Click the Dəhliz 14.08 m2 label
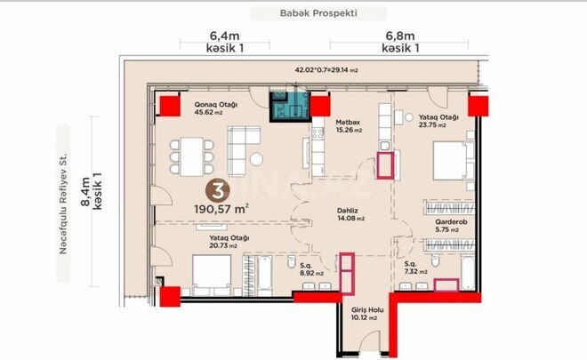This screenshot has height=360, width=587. pyautogui.click(x=352, y=216)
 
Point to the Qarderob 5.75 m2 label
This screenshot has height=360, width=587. pyautogui.click(x=442, y=227)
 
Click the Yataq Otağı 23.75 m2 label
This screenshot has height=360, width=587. pyautogui.click(x=438, y=122)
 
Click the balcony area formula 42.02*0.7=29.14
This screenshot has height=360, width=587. pyautogui.click(x=326, y=68)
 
